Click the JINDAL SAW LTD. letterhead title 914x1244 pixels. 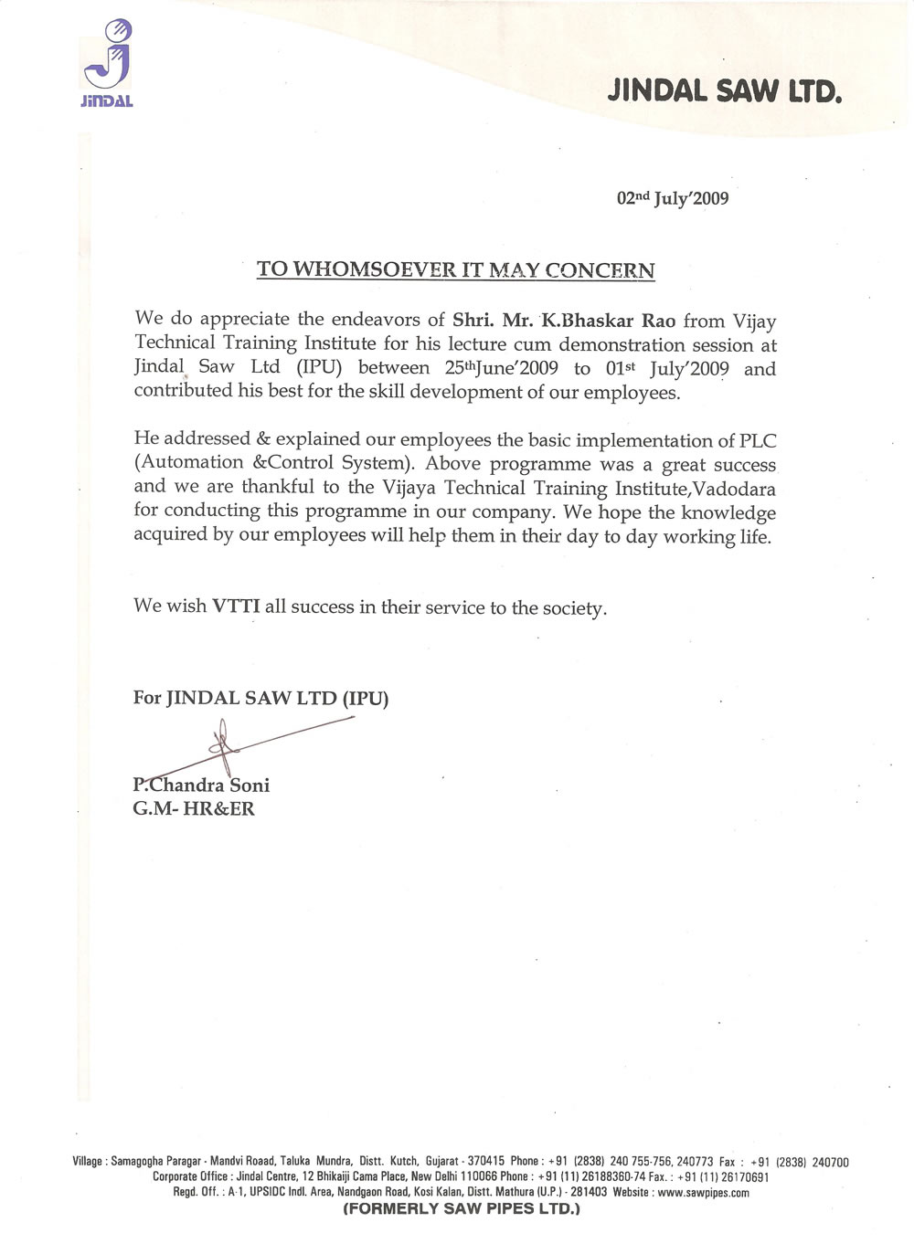(x=723, y=90)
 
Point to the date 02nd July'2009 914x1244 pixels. (x=673, y=198)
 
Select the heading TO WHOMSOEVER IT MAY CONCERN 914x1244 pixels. (x=455, y=269)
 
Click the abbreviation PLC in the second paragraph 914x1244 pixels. (x=757, y=440)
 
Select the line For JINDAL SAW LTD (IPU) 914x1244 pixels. (x=261, y=699)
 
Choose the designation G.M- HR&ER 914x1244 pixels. (x=194, y=808)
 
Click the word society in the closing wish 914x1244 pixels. (x=571, y=608)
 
